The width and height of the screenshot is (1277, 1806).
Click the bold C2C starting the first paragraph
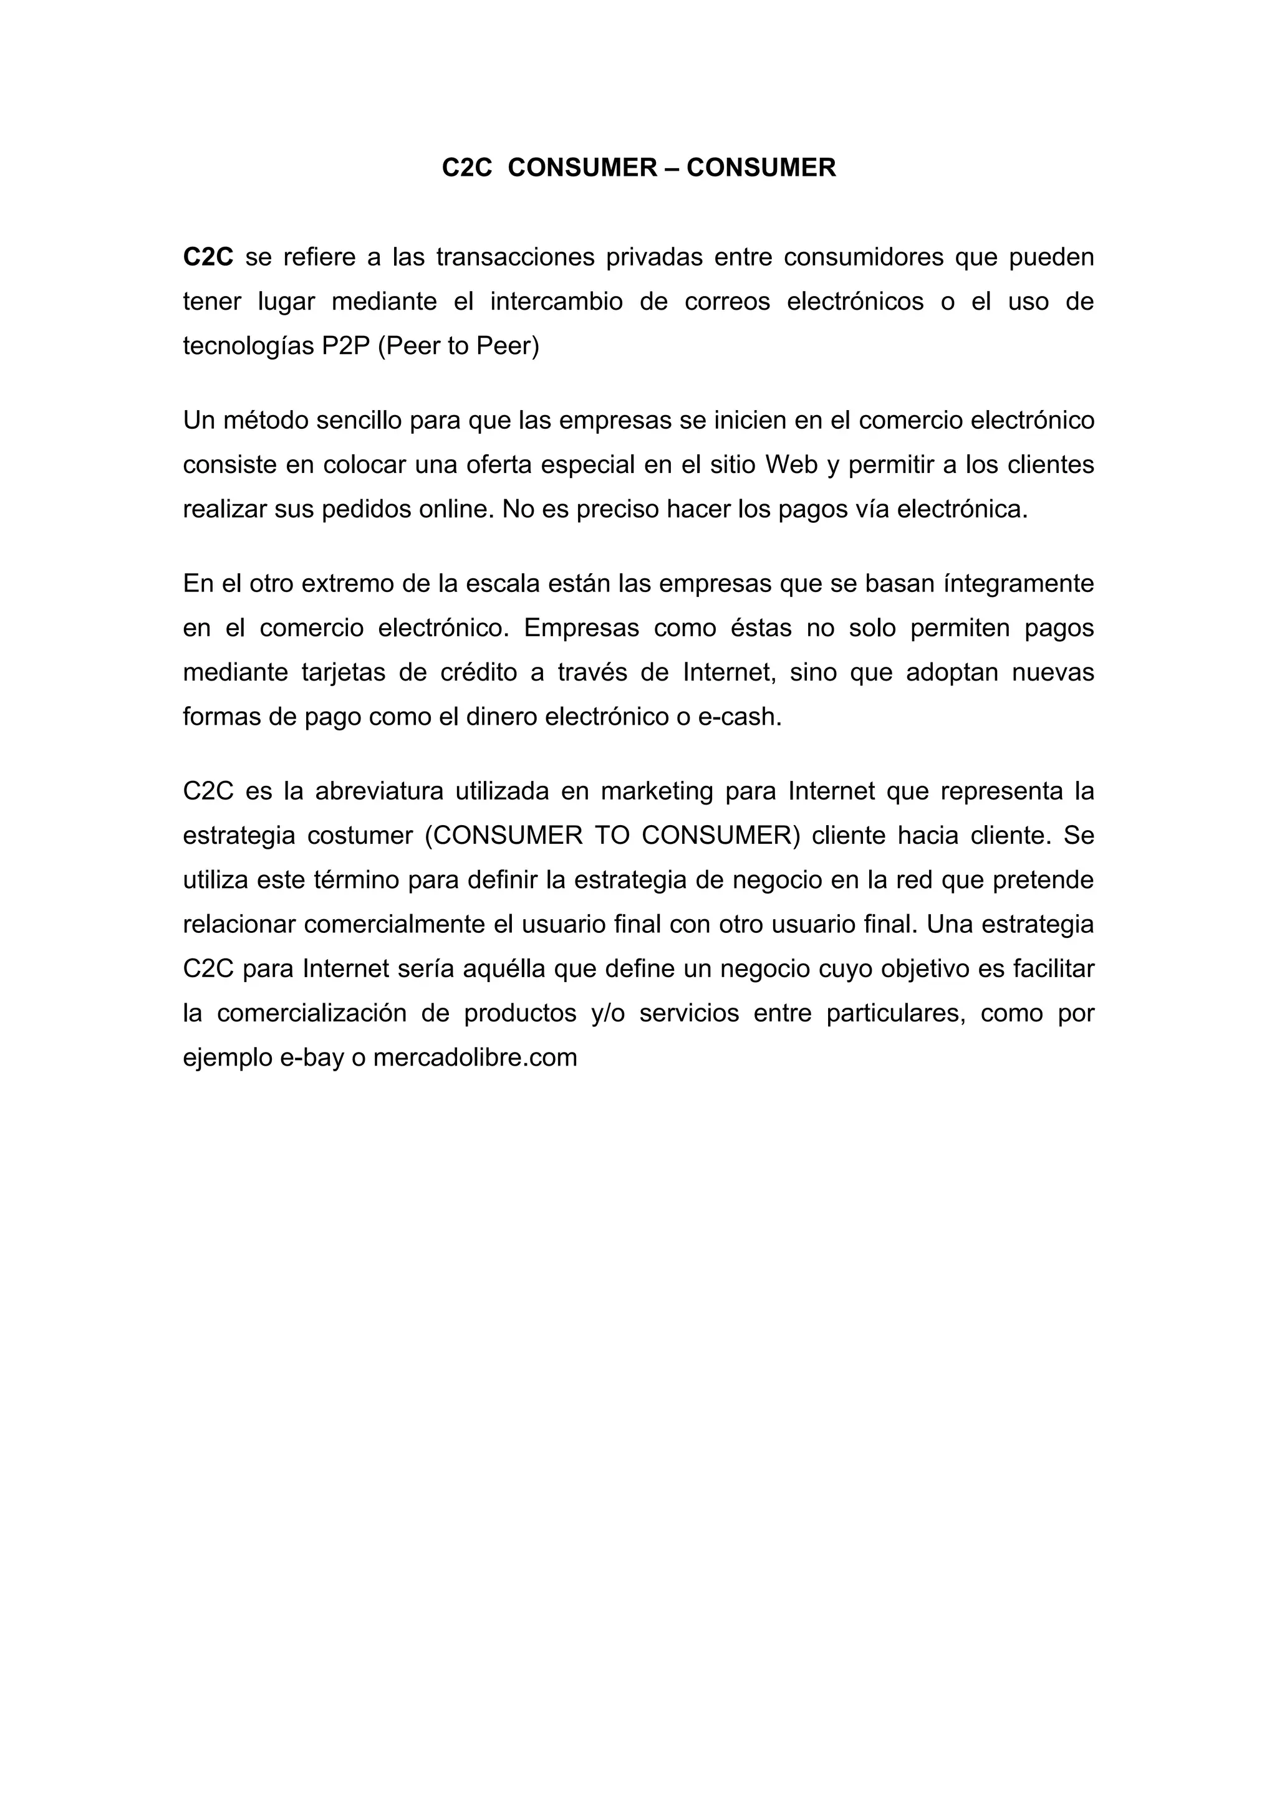coord(208,257)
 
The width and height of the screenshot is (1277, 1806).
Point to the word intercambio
coord(556,302)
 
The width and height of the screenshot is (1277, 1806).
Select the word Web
coord(791,465)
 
